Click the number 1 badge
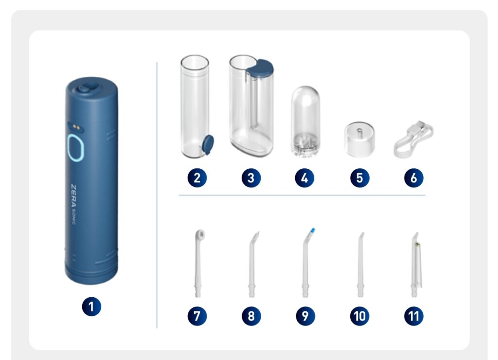(x=91, y=306)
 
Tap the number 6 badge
(x=413, y=178)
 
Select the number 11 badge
(x=413, y=316)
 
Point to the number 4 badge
(x=304, y=178)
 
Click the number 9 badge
(x=305, y=316)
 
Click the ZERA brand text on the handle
(x=73, y=195)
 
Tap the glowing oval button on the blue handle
(x=75, y=148)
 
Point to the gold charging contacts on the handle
(x=76, y=126)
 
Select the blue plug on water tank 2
(x=208, y=144)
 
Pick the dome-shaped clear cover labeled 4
(x=305, y=122)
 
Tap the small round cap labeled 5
(x=359, y=139)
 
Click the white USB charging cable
(x=413, y=139)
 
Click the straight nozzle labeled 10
(x=360, y=264)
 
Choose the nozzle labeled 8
(x=253, y=264)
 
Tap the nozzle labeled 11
(x=416, y=264)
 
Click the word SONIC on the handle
(x=73, y=217)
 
